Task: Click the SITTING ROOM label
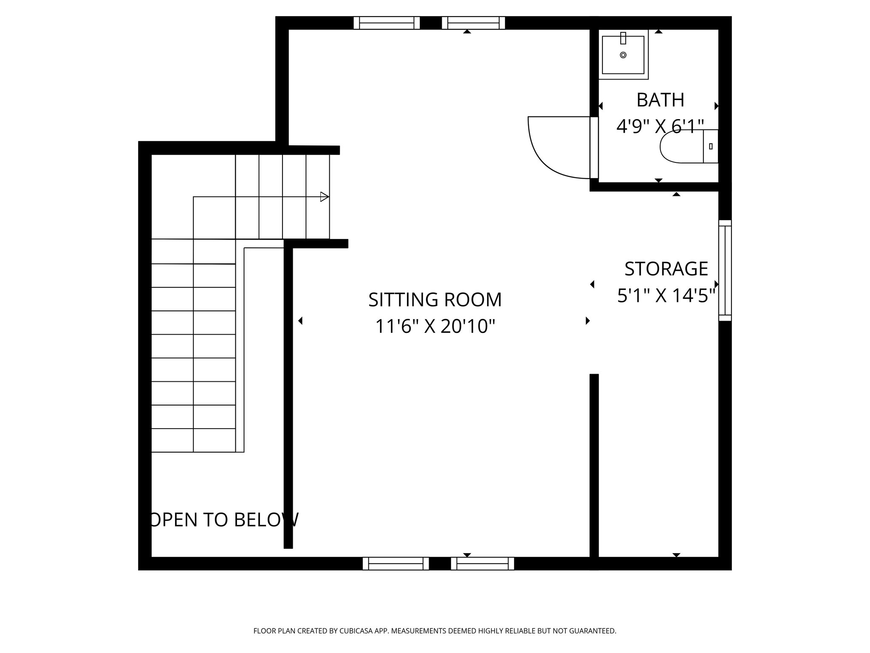tap(435, 300)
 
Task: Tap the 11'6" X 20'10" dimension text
tap(435, 327)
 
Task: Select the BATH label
tap(660, 100)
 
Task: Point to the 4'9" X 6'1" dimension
tap(660, 126)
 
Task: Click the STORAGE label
tap(666, 269)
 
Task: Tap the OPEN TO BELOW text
tap(224, 520)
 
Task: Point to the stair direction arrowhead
tap(325, 197)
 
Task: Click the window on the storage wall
tap(725, 270)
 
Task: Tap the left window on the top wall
tap(387, 23)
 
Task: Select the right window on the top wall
tap(473, 23)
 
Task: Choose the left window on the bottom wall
tap(395, 563)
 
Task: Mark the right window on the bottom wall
tap(482, 563)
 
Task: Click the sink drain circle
tap(623, 55)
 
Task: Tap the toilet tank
tap(711, 147)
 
